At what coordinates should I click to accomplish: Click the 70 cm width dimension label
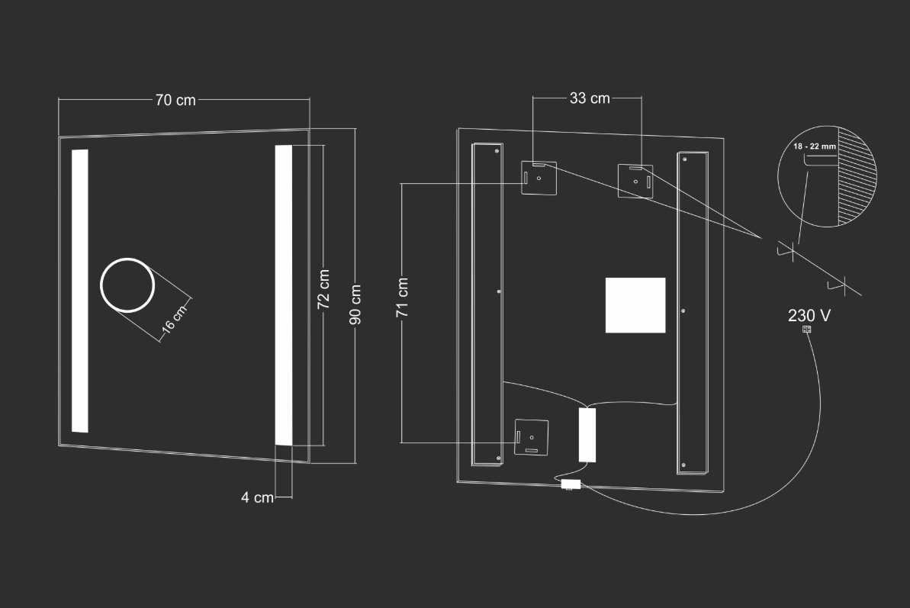[x=175, y=100]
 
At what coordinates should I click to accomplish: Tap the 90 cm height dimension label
[x=355, y=304]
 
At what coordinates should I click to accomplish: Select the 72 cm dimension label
[x=324, y=289]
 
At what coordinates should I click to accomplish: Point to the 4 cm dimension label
[x=257, y=497]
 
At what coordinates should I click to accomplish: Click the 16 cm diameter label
[x=174, y=319]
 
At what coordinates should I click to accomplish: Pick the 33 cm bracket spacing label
[x=590, y=98]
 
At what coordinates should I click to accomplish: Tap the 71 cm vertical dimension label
[x=402, y=298]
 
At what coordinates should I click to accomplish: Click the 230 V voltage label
[x=809, y=315]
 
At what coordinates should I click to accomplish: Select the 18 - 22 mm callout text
[x=815, y=146]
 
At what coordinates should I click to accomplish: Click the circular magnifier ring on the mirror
[x=127, y=259]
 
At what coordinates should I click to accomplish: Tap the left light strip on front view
[x=80, y=291]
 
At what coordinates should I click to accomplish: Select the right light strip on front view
[x=284, y=295]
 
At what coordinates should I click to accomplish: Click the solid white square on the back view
[x=635, y=305]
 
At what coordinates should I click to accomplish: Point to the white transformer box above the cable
[x=587, y=435]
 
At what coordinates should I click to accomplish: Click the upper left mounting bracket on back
[x=539, y=178]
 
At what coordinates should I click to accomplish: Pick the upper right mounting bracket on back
[x=635, y=181]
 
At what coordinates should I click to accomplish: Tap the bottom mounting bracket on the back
[x=532, y=437]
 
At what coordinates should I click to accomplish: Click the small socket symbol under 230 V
[x=806, y=329]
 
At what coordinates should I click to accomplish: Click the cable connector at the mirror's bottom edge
[x=571, y=484]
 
